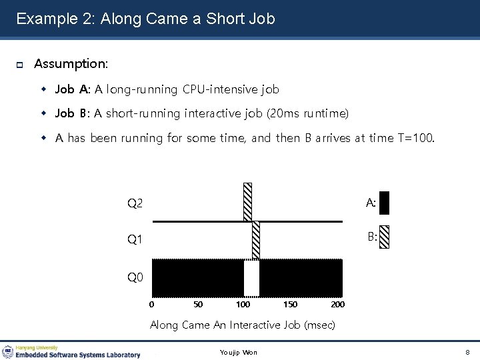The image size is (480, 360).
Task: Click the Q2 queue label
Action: point(135,203)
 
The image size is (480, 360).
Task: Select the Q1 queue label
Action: point(135,239)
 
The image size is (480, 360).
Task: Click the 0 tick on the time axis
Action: point(152,305)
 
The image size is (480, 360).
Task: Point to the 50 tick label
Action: point(198,305)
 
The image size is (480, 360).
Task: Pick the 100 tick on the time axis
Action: point(243,305)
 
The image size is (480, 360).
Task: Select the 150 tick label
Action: point(291,305)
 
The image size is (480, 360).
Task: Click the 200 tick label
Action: point(337,305)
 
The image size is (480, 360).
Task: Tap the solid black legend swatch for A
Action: point(383,203)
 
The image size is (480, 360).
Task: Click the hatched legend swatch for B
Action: point(383,237)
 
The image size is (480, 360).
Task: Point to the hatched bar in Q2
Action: point(248,201)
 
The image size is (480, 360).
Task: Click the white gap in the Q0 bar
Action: point(251,278)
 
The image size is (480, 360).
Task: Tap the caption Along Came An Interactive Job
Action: point(242,325)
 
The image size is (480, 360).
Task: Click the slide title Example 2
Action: point(145,19)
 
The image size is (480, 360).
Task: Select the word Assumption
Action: point(71,64)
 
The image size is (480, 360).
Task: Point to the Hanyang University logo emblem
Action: point(8,351)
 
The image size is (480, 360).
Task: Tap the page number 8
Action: point(467,352)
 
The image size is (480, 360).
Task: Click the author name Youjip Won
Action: point(238,352)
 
